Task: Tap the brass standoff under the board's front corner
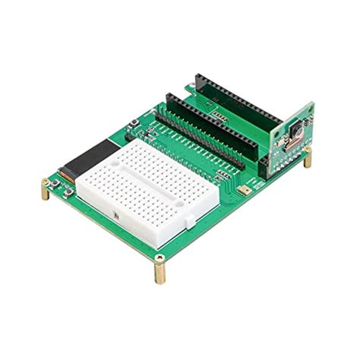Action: coord(161,267)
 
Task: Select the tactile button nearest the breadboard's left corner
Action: coord(134,126)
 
